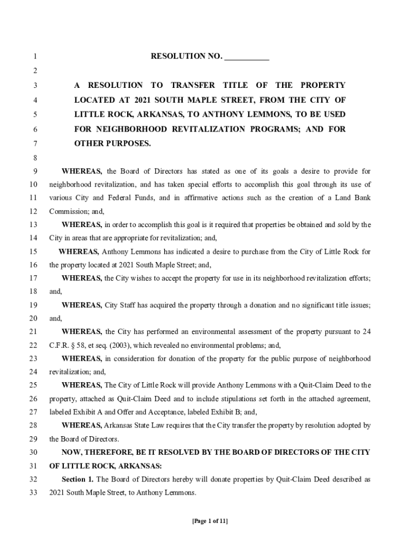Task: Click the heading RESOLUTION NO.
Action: coord(186,57)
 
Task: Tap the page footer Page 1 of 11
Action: coord(210,521)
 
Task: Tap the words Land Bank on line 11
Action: coord(354,198)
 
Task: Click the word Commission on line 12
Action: coord(66,211)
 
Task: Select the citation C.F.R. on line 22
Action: coord(60,345)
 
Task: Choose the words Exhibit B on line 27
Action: coord(212,412)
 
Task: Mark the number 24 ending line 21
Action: coord(367,331)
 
